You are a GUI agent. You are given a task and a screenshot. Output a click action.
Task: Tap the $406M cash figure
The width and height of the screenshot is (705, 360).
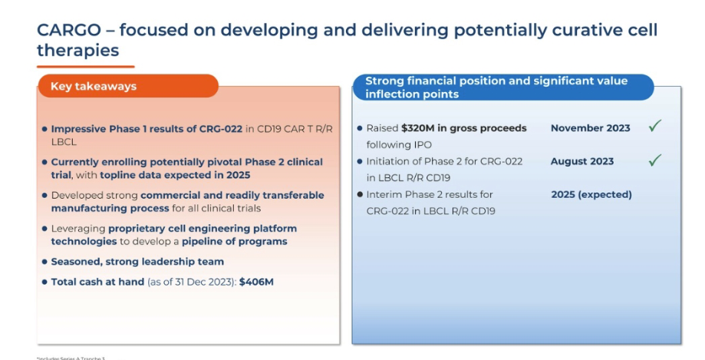(256, 282)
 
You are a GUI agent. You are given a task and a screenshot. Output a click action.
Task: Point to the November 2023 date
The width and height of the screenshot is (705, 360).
(590, 128)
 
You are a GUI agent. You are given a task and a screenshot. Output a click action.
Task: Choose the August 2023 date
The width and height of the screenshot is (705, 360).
(581, 161)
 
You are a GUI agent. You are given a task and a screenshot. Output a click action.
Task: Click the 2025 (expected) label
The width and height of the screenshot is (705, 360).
(591, 194)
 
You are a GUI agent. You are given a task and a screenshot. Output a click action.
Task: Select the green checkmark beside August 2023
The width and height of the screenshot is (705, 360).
(654, 160)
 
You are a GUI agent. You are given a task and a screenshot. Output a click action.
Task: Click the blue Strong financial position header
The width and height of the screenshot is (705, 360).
(502, 88)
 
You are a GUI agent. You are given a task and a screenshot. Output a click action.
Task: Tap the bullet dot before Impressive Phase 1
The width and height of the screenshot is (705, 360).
(44, 130)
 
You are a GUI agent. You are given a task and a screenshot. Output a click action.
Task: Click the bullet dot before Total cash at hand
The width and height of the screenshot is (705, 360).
(44, 282)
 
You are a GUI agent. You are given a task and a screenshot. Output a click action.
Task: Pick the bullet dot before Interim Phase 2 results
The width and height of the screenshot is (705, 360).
(359, 195)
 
